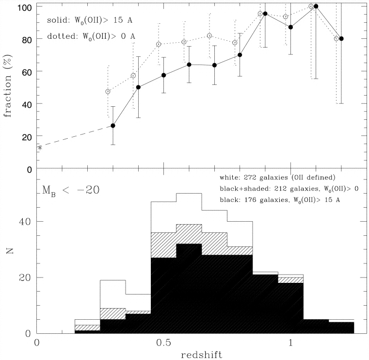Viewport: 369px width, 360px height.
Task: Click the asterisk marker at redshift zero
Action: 39,147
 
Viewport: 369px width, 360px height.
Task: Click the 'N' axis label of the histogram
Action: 10,252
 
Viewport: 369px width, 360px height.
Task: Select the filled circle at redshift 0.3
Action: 113,126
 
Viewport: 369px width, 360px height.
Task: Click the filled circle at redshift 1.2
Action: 341,39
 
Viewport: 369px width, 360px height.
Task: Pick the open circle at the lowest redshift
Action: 108,92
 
